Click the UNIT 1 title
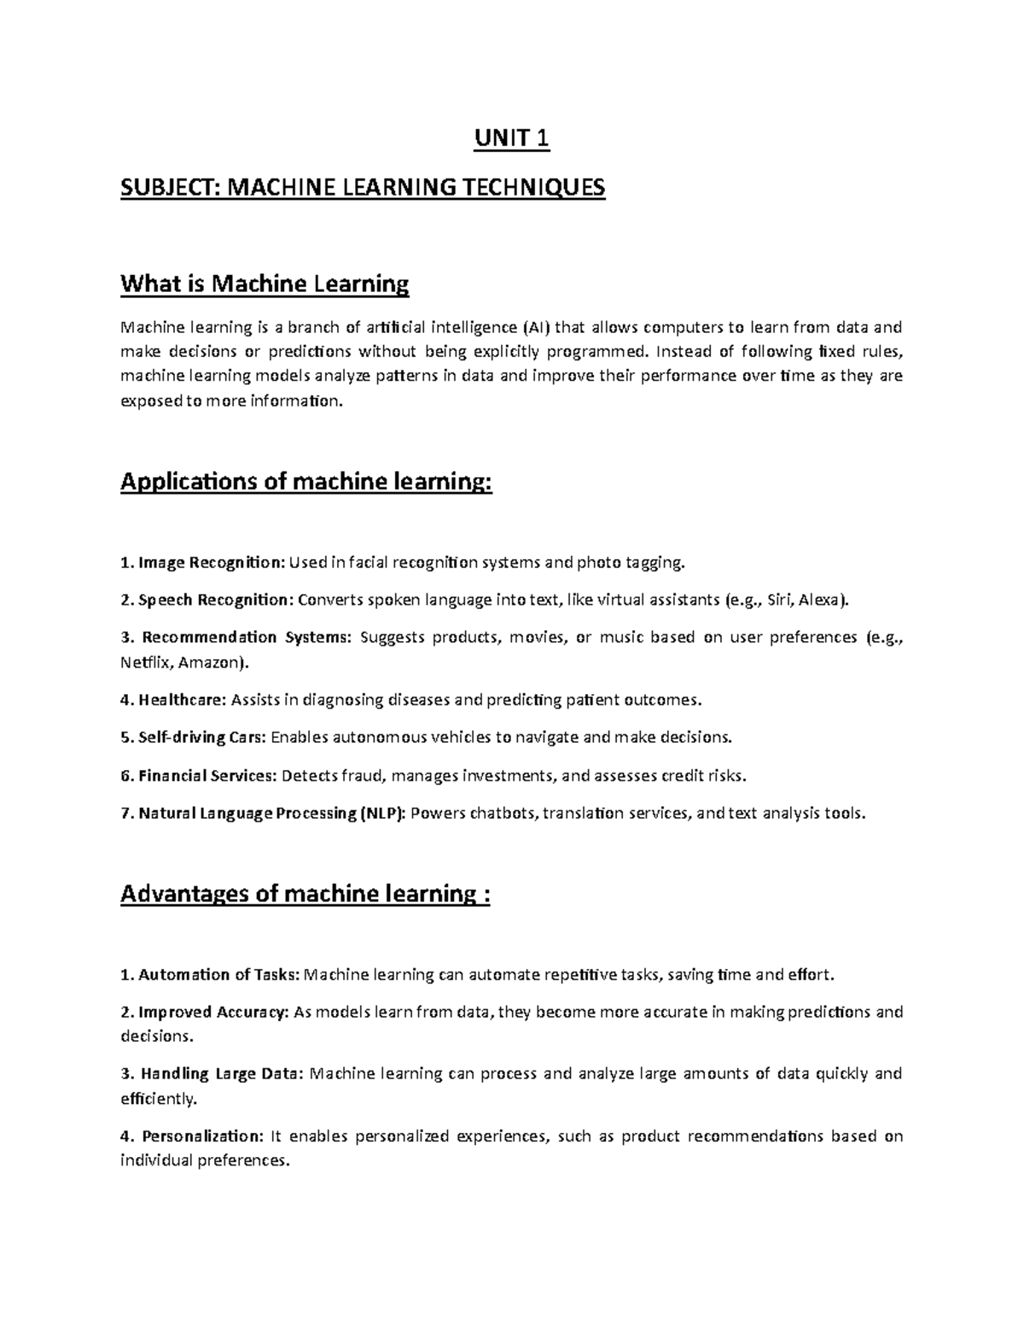[512, 138]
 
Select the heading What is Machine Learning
[265, 283]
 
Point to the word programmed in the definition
[596, 351]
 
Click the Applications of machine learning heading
[306, 482]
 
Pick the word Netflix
[145, 662]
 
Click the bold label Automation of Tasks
[218, 974]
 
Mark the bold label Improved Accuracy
[213, 1012]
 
